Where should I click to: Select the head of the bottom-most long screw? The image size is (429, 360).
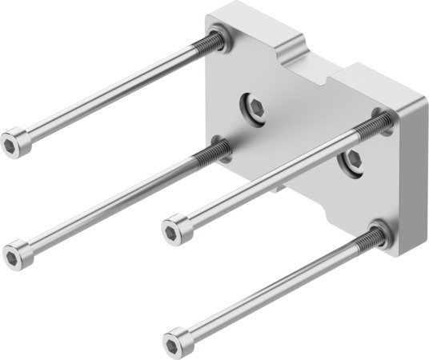tap(177, 342)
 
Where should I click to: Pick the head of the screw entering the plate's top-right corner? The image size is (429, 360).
tap(176, 230)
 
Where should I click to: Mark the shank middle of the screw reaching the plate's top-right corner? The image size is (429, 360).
tap(272, 178)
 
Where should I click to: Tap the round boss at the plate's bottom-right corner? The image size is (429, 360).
tap(379, 234)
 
